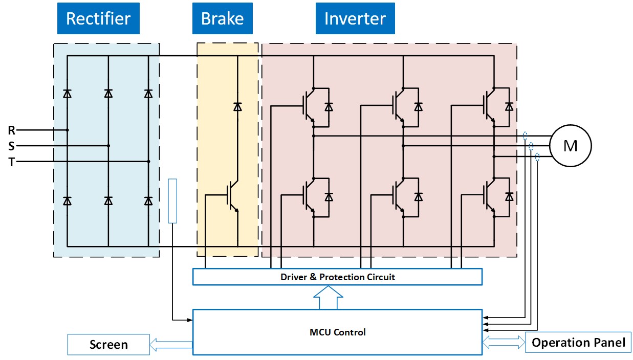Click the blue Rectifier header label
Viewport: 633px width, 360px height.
[x=98, y=19]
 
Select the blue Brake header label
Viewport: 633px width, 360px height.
[x=222, y=19]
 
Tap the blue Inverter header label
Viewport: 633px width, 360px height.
[x=355, y=19]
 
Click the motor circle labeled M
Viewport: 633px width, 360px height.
[x=570, y=146]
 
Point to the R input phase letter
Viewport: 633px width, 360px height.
[x=12, y=130]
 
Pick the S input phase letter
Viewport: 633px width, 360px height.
[x=12, y=146]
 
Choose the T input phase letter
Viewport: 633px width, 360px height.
[x=12, y=162]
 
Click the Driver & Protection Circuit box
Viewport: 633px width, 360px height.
[x=337, y=277]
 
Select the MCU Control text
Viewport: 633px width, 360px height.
[x=338, y=332]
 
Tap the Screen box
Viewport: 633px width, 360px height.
[x=108, y=344]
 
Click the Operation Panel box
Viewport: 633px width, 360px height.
[x=578, y=342]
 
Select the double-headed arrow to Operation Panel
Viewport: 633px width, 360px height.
[x=504, y=342]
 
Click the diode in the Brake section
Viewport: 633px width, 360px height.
[x=237, y=106]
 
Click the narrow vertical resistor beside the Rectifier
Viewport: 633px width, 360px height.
[x=172, y=201]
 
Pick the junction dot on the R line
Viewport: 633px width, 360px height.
[x=67, y=130]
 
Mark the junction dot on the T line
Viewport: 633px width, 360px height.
[x=148, y=162]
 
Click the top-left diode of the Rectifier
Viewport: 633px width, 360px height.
[x=67, y=94]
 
